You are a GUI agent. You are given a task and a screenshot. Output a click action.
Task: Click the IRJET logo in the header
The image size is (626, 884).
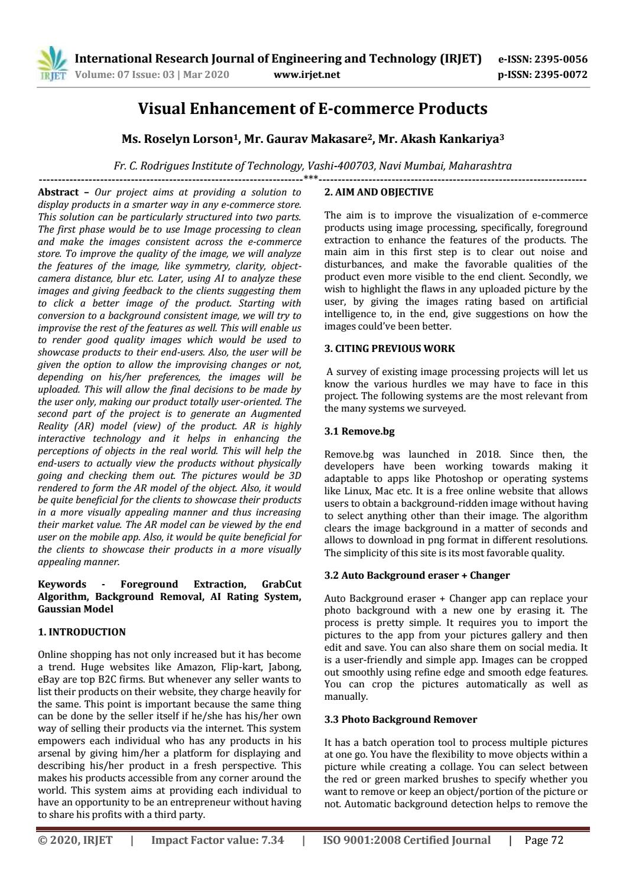point(53,65)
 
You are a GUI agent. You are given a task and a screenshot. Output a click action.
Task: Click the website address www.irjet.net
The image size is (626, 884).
point(307,74)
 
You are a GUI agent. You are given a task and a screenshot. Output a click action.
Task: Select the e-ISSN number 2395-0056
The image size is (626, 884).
point(560,59)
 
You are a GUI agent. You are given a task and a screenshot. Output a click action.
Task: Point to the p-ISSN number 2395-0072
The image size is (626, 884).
point(560,74)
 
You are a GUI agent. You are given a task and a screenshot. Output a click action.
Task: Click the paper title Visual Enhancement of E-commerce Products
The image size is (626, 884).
point(313,109)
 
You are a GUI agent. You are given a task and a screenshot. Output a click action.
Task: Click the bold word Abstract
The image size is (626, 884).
point(58,192)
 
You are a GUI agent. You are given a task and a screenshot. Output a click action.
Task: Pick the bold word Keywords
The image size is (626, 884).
point(62,584)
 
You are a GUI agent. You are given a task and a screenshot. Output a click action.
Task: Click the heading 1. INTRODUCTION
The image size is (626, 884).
point(82,632)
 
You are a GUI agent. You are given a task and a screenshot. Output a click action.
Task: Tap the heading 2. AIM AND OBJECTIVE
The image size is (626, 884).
point(378,192)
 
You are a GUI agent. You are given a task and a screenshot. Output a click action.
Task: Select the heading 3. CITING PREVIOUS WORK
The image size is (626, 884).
point(390,348)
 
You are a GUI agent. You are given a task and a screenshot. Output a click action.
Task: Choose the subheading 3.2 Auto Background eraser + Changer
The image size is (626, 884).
point(417,575)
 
